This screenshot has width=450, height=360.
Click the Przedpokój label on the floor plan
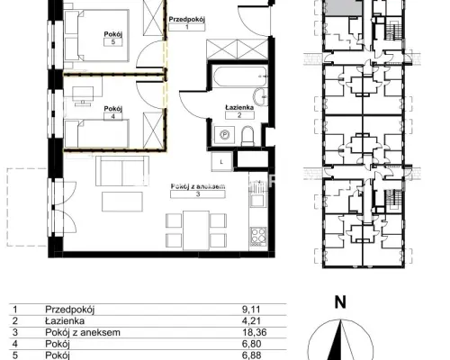(186, 20)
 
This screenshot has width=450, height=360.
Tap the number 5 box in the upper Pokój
(113, 42)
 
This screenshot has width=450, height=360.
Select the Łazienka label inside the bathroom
(239, 107)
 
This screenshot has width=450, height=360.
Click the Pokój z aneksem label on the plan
(198, 186)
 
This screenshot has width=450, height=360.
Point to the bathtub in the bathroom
(239, 76)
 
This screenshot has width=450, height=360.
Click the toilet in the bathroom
(247, 136)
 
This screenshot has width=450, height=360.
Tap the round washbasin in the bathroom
(260, 96)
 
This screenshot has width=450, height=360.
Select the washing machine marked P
(224, 135)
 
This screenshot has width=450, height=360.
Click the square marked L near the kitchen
(221, 162)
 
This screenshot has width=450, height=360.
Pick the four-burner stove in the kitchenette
(258, 236)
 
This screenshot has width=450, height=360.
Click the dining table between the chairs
(196, 230)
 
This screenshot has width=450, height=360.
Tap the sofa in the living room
(122, 171)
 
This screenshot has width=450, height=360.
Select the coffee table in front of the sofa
(122, 202)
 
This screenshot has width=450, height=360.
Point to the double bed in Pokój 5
(96, 36)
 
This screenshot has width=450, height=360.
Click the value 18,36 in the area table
(255, 332)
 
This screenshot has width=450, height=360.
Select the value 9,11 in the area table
(251, 310)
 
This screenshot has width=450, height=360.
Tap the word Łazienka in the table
(65, 320)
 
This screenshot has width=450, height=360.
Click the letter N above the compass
(340, 302)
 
